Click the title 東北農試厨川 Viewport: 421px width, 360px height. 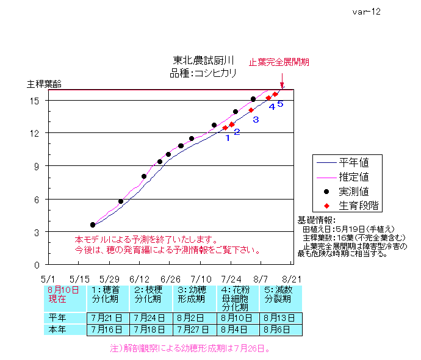point(204,60)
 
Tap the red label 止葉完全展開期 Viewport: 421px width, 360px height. point(279,62)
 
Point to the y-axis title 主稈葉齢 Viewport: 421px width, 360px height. point(44,84)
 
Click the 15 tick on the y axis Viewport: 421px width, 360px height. point(35,100)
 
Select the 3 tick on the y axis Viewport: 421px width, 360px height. point(37,232)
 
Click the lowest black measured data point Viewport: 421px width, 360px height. point(93,225)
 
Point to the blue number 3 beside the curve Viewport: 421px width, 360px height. point(256,120)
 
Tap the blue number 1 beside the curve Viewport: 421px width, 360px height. point(228,138)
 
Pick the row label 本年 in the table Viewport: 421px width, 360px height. point(59,329)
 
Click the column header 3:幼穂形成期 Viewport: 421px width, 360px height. point(195,296)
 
